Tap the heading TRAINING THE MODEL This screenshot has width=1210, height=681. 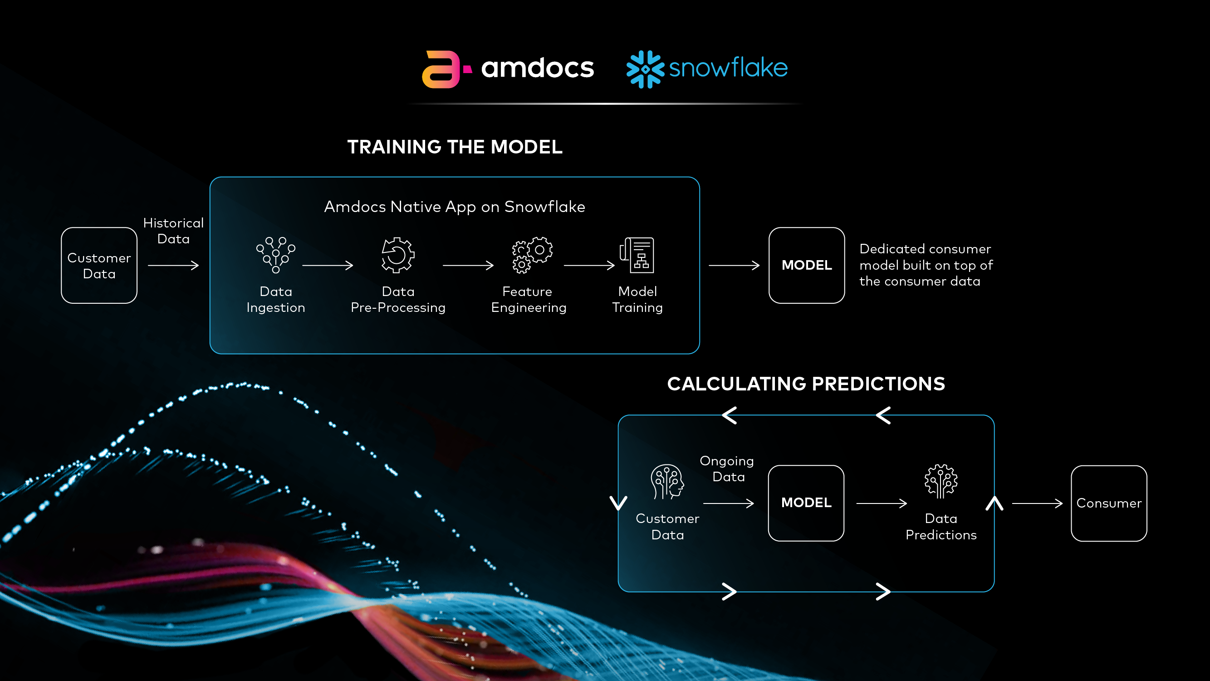point(454,147)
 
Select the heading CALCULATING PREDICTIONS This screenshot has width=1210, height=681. point(806,384)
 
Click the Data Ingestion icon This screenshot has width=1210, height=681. point(276,255)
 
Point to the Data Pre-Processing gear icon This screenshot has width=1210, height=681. point(397,255)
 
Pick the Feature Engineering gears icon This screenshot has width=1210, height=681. point(531,255)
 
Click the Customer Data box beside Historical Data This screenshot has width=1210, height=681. point(99,266)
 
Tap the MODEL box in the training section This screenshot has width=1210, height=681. point(806,266)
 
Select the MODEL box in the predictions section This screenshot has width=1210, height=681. point(806,503)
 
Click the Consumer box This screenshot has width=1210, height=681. point(1108,503)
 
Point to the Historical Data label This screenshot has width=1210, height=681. point(173,231)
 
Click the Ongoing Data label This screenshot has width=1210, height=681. point(727,469)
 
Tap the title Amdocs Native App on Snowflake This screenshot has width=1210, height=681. point(454,207)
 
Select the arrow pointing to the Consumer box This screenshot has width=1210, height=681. point(1037,503)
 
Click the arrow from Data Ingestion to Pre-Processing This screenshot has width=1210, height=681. point(328,266)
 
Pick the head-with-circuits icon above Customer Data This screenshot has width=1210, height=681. point(667,481)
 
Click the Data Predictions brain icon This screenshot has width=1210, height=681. point(941,481)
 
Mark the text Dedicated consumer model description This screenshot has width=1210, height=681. point(926,265)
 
